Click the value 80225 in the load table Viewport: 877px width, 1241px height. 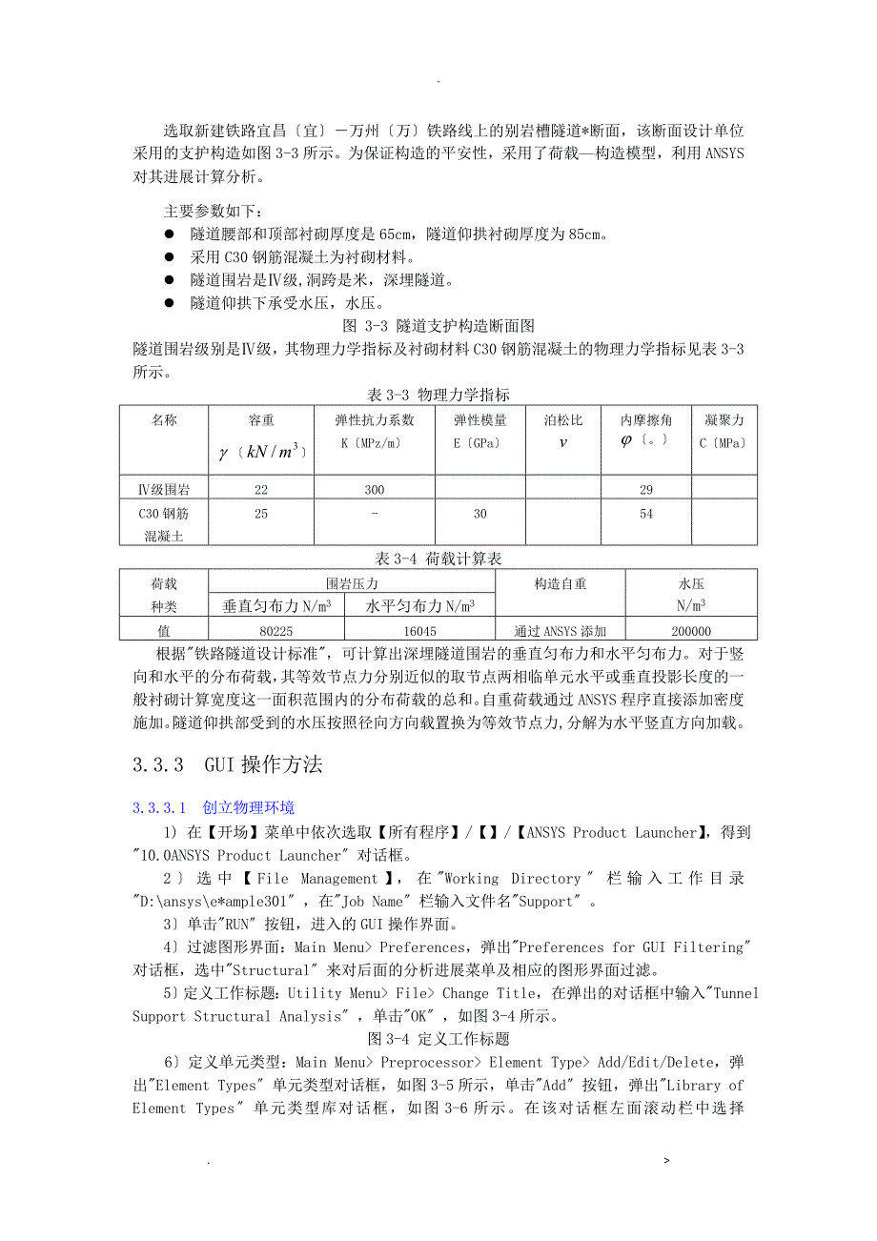coord(275,631)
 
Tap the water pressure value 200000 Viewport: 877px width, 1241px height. coord(691,631)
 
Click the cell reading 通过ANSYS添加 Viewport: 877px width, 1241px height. coord(561,631)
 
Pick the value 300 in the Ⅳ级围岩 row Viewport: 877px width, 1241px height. coord(374,490)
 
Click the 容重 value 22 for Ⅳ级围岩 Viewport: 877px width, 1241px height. coord(261,490)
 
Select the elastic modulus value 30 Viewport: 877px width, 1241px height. coord(479,514)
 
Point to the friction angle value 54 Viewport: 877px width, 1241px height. coord(645,514)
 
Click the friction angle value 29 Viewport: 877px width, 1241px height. coord(645,490)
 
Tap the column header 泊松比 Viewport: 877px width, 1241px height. coord(562,420)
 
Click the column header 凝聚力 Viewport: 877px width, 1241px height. coord(724,420)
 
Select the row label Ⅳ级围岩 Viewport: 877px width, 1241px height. coord(163,490)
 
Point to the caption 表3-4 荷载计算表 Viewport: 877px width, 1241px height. coord(438,559)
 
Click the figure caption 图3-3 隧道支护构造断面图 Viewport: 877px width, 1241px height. coord(438,326)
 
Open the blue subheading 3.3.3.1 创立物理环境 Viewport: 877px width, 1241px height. coord(214,808)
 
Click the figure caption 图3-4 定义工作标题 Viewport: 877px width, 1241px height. coord(438,1039)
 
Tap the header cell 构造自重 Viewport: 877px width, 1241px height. coord(561,583)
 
